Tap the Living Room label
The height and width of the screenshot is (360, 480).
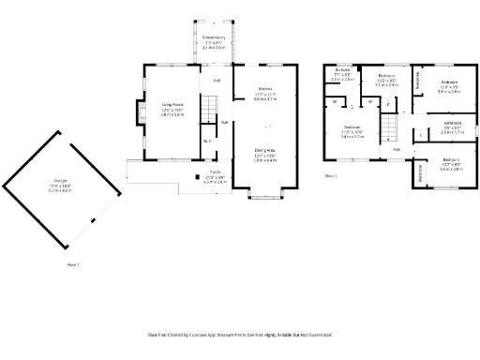point(171,105)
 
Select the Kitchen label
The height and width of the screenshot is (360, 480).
point(265,90)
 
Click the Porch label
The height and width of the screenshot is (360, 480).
point(215,173)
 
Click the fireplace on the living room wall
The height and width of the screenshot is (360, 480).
point(142,113)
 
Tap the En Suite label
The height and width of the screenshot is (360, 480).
point(342,71)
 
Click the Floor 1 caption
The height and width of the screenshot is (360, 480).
point(72,265)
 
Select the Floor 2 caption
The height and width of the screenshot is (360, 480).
point(330,175)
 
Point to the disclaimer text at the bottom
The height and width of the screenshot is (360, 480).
point(240,334)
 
